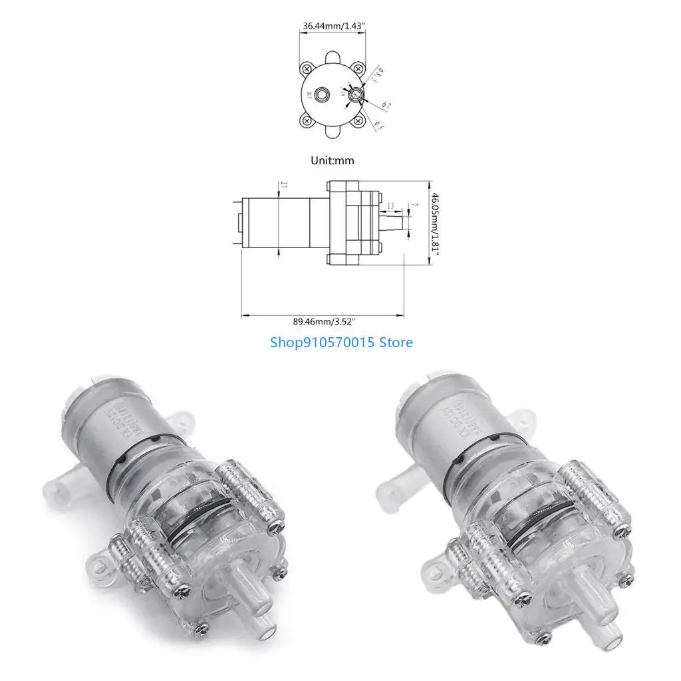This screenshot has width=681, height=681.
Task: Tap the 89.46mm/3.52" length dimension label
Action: pos(324,321)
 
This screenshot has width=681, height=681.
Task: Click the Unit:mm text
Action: pos(332,160)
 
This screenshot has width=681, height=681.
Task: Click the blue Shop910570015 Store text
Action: pos(341,342)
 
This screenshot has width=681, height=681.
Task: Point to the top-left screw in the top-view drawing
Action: pos(307,68)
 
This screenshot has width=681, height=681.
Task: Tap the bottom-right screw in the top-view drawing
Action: pos(357,120)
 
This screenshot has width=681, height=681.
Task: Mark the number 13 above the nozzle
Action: pos(390,205)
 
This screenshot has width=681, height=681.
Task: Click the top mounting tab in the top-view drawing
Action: pos(332,52)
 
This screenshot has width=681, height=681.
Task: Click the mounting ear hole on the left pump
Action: pos(100,567)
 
